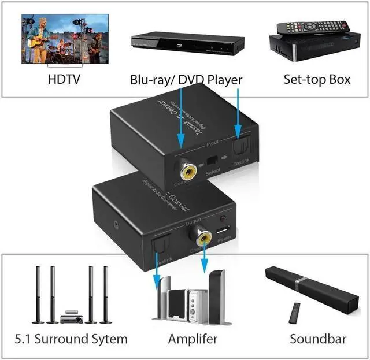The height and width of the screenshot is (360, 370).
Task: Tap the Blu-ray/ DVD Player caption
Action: (186, 79)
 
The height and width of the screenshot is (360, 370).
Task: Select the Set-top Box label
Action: (317, 79)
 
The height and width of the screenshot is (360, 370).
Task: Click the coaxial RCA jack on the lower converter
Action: (203, 236)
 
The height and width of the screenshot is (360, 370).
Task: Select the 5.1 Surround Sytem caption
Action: (71, 339)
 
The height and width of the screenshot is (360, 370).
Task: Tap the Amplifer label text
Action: (193, 339)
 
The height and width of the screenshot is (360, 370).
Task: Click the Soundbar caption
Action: (318, 339)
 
